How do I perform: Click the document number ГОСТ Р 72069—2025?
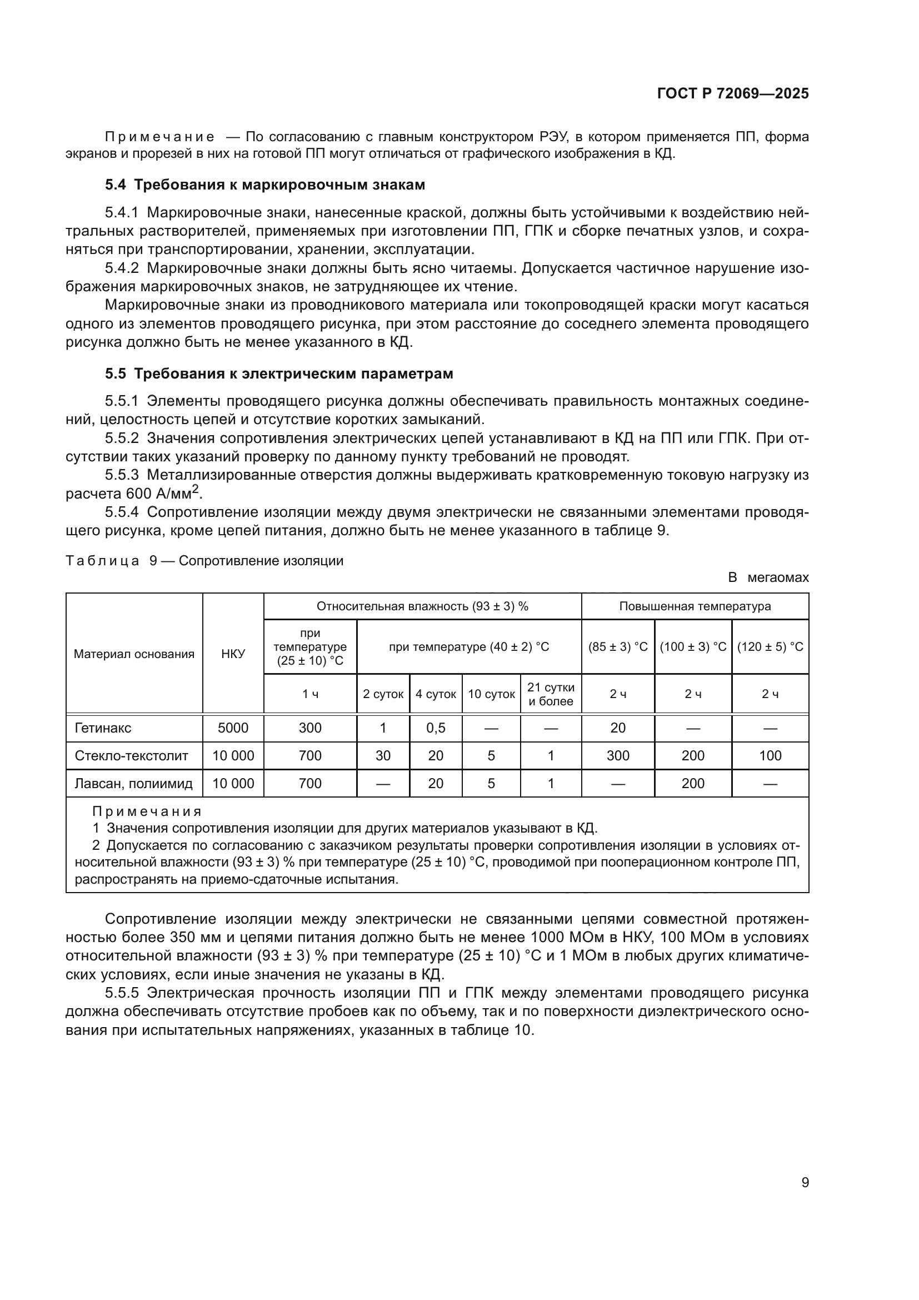(732, 93)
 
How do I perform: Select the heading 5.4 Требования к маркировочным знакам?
(265, 185)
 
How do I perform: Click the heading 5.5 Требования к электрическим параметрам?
(279, 373)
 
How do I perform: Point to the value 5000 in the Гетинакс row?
(233, 728)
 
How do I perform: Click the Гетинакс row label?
(102, 728)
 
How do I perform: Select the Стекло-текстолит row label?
(131, 756)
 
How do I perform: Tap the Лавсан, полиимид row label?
(133, 784)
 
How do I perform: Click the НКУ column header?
(233, 654)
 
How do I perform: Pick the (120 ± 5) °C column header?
(770, 646)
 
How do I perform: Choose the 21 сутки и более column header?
(551, 694)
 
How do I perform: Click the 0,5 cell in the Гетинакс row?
(435, 728)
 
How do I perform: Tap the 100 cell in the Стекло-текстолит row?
(770, 756)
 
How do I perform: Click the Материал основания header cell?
(133, 654)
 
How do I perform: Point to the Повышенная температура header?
(695, 606)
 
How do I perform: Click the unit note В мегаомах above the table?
(768, 577)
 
